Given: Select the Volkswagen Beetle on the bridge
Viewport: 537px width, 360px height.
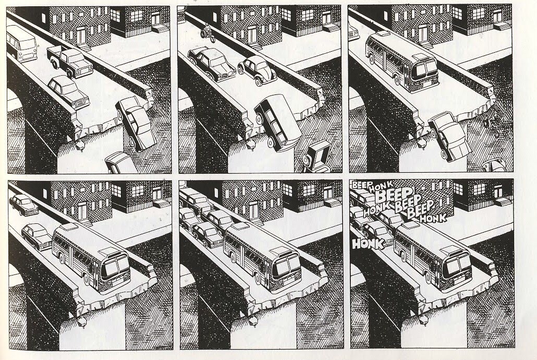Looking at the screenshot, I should tap(257, 69).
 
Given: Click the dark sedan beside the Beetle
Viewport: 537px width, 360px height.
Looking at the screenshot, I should tap(211, 64).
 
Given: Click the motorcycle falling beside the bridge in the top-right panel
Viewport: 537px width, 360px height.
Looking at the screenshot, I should tap(495, 126).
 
